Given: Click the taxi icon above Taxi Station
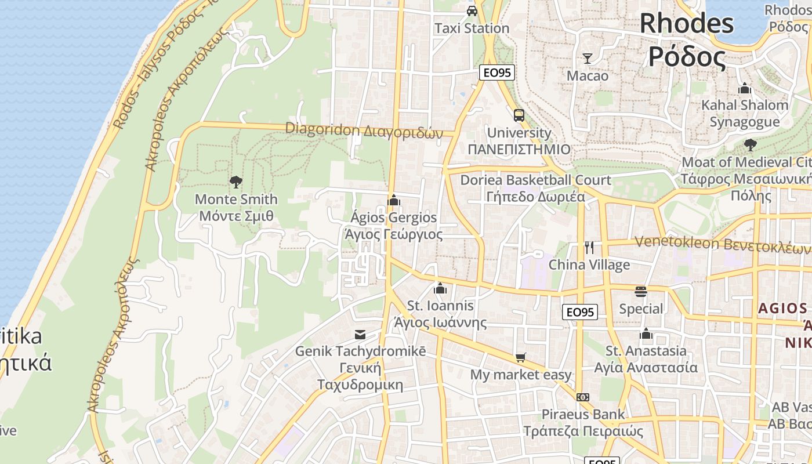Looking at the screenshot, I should pyautogui.click(x=472, y=10).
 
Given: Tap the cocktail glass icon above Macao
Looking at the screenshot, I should pyautogui.click(x=588, y=58).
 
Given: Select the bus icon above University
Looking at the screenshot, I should pyautogui.click(x=519, y=115).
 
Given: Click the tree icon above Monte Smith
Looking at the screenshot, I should pyautogui.click(x=235, y=182).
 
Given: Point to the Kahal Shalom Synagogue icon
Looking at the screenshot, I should pyautogui.click(x=745, y=88).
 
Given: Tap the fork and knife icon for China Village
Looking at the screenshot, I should pyautogui.click(x=589, y=248).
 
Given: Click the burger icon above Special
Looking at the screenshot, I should pyautogui.click(x=640, y=291).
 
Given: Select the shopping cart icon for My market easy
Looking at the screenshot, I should pyautogui.click(x=520, y=357).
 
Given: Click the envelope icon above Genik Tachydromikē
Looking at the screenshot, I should pyautogui.click(x=360, y=334).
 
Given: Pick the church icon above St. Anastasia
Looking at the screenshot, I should pyautogui.click(x=646, y=333).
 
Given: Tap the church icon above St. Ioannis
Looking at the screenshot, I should pyautogui.click(x=440, y=288).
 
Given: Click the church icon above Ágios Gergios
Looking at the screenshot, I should pyautogui.click(x=394, y=201).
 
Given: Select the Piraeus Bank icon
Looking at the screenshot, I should pyautogui.click(x=583, y=397).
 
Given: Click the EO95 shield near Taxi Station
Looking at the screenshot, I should pyautogui.click(x=497, y=72).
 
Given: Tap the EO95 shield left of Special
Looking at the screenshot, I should pyautogui.click(x=580, y=312).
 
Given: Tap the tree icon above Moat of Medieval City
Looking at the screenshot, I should pyautogui.click(x=750, y=144).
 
